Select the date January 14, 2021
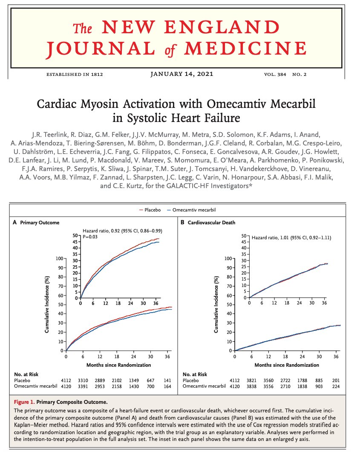pyautogui.click(x=182, y=74)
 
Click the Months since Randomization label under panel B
pyautogui.click(x=287, y=365)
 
